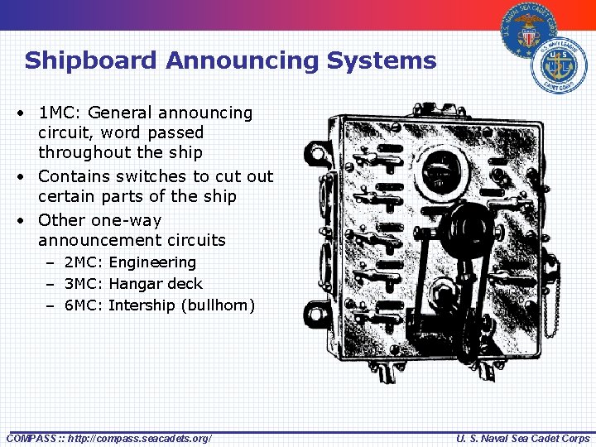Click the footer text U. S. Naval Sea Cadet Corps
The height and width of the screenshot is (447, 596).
(x=523, y=438)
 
